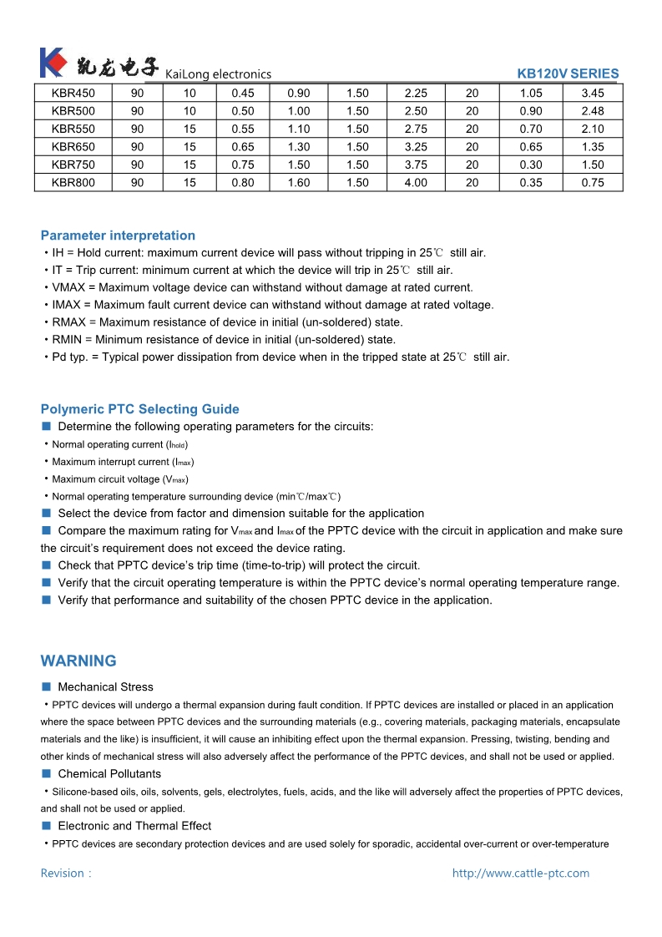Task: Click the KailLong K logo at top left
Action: (x=52, y=63)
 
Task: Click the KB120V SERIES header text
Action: (x=568, y=73)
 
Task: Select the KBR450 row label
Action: (x=73, y=94)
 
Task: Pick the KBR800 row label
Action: (x=73, y=183)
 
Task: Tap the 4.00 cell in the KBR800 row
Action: (x=415, y=183)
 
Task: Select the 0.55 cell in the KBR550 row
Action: (x=243, y=129)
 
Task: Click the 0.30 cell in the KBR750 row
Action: (x=530, y=165)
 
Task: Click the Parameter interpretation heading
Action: (x=118, y=236)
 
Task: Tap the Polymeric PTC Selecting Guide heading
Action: (x=139, y=409)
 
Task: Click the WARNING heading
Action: (x=78, y=661)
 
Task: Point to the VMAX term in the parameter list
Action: (x=68, y=287)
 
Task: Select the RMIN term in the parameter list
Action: (x=67, y=340)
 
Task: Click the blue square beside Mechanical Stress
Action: (x=47, y=686)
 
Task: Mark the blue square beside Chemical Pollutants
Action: (x=47, y=773)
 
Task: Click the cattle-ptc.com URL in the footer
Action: (x=520, y=874)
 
